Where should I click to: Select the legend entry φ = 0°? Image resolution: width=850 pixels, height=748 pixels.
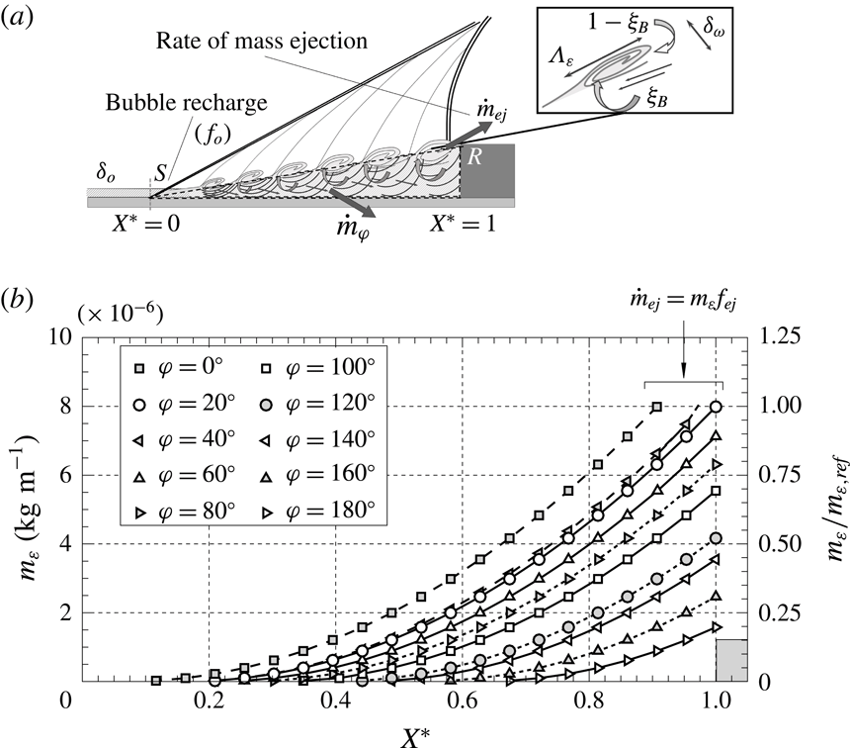[184, 368]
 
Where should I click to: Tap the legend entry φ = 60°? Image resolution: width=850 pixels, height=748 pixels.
[184, 475]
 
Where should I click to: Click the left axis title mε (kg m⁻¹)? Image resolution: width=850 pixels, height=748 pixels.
[24, 505]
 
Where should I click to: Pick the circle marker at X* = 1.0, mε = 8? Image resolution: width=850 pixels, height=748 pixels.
[716, 406]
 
